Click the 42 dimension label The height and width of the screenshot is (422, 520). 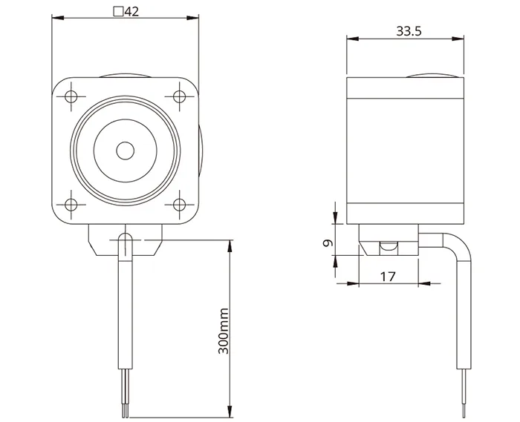131,12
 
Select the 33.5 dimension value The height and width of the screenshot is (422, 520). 409,31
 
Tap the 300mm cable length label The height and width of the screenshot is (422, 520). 224,331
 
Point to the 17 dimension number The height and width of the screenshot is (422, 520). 388,277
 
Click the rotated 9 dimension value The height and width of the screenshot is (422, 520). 328,243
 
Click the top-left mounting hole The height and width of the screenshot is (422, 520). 71,96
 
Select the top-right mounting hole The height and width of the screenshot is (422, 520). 180,96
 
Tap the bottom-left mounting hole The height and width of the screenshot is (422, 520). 71,205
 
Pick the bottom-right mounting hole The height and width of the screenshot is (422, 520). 180,205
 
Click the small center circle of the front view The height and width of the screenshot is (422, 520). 126,151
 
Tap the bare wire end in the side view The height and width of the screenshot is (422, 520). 464,393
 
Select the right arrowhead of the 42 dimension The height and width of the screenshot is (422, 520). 192,18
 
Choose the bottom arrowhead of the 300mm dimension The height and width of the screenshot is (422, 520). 229,412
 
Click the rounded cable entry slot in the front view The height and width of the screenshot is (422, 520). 126,244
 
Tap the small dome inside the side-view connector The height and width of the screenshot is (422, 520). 389,245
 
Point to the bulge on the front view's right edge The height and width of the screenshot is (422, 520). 201,151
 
